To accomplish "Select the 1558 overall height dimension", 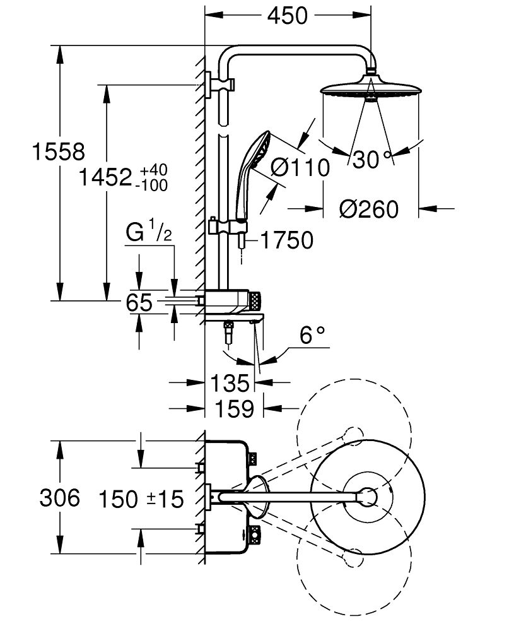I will tap(59, 152).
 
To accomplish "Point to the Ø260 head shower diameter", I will tap(368, 208).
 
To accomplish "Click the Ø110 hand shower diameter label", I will tap(300, 168).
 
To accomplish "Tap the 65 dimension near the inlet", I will tap(139, 303).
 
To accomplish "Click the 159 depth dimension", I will tap(233, 409).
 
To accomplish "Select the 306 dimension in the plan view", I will tap(60, 498).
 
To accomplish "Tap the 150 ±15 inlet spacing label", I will tap(141, 500).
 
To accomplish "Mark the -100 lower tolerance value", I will tap(154, 186).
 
